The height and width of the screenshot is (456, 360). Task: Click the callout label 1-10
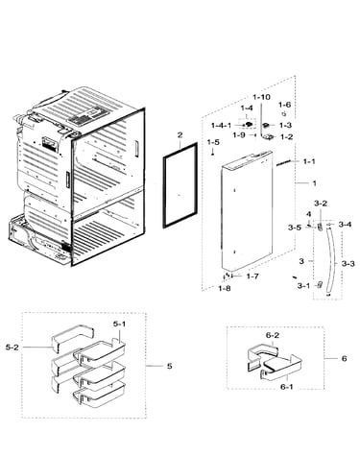pyautogui.click(x=261, y=97)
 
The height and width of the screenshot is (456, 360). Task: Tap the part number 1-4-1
pyautogui.click(x=221, y=126)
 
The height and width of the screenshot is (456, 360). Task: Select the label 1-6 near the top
pyautogui.click(x=284, y=105)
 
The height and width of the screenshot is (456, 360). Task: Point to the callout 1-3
pyautogui.click(x=285, y=126)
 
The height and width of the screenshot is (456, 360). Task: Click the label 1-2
pyautogui.click(x=286, y=137)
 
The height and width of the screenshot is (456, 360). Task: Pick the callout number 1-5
pyautogui.click(x=213, y=142)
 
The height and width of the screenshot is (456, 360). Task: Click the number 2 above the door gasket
pyautogui.click(x=180, y=135)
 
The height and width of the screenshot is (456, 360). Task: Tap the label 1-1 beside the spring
pyautogui.click(x=309, y=161)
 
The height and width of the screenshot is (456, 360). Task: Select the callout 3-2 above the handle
pyautogui.click(x=321, y=204)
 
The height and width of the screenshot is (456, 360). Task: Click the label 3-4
pyautogui.click(x=345, y=225)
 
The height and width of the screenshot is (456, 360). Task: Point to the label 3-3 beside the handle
pyautogui.click(x=348, y=264)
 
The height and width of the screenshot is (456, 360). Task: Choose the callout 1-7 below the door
pyautogui.click(x=252, y=276)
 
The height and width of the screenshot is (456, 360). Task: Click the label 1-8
pyautogui.click(x=225, y=289)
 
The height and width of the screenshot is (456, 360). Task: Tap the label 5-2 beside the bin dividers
pyautogui.click(x=12, y=348)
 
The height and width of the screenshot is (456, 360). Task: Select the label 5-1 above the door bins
pyautogui.click(x=119, y=324)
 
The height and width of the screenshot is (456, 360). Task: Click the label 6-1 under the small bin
pyautogui.click(x=287, y=387)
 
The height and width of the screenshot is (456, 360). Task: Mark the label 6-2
pyautogui.click(x=273, y=336)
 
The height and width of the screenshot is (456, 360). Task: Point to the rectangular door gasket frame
pyautogui.click(x=164, y=192)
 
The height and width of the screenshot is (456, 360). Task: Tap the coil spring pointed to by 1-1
pyautogui.click(x=284, y=163)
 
